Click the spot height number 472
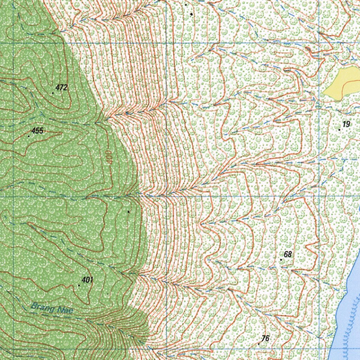(62, 88)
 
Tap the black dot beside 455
(29, 136)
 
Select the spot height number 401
(88, 280)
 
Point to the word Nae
(66, 311)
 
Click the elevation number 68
(288, 254)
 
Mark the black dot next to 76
(259, 343)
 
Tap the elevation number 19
(347, 124)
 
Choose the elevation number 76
(265, 338)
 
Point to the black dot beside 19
(339, 130)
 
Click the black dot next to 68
(281, 259)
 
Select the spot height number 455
(37, 131)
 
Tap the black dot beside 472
(53, 93)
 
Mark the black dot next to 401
(79, 285)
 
